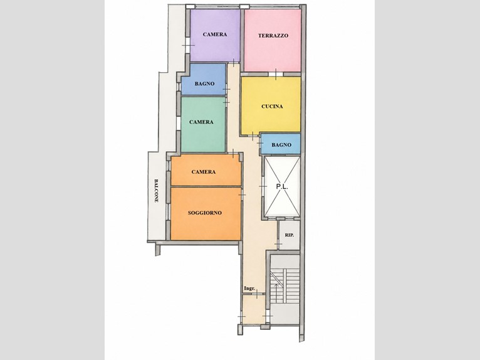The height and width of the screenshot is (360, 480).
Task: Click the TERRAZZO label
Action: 273,36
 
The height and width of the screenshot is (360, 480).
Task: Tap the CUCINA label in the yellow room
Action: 272,107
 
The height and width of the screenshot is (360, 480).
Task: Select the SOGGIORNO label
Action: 205,213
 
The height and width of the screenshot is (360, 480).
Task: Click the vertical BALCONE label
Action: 156,191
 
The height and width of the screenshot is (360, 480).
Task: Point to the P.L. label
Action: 282,186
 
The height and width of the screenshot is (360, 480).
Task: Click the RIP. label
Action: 290,235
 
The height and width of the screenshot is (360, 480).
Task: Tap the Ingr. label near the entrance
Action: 249,289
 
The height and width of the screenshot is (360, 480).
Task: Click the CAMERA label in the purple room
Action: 215,34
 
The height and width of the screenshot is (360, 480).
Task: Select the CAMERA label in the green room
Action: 201,122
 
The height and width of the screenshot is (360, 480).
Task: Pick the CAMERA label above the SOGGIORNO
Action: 204,172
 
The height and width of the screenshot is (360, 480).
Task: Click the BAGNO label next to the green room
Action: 204,83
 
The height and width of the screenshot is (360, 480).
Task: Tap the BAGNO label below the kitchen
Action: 281,145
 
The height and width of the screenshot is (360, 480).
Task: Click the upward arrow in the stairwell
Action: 276,293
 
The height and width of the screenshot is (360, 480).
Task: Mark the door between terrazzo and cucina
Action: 276,74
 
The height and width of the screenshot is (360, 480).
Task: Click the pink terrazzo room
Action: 272,40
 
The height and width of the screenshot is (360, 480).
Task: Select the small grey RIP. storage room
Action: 290,235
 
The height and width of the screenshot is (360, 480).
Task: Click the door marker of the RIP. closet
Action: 278,245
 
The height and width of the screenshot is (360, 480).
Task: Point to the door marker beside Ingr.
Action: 257,294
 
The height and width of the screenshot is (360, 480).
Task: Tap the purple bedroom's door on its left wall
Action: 188,45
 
